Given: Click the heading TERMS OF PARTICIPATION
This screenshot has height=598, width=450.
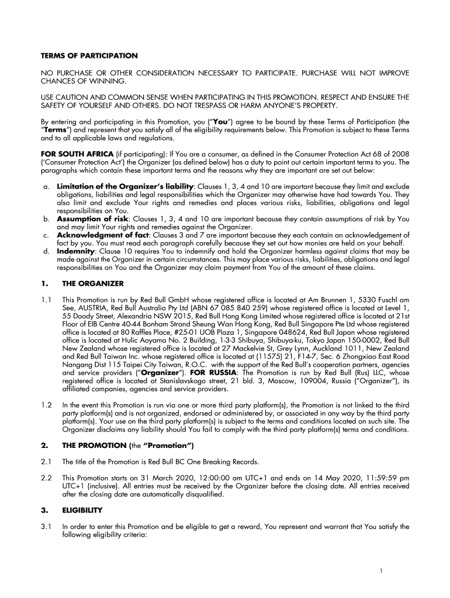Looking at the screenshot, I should (x=89, y=55).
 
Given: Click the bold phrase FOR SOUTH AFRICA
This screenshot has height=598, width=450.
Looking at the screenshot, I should (x=72, y=154).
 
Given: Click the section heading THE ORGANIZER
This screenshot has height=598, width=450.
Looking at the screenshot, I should (x=93, y=283).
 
